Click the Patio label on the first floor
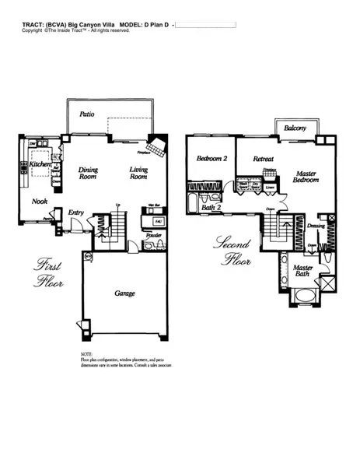point(88,114)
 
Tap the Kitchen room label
point(40,165)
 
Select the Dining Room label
point(88,173)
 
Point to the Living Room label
point(138,173)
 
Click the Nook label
point(40,200)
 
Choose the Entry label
point(76,212)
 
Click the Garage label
point(124,293)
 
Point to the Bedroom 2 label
point(211,159)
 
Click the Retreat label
point(264,159)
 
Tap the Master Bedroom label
point(306,176)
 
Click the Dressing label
point(316,226)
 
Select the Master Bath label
point(304,272)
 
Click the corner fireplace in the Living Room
point(158,146)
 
